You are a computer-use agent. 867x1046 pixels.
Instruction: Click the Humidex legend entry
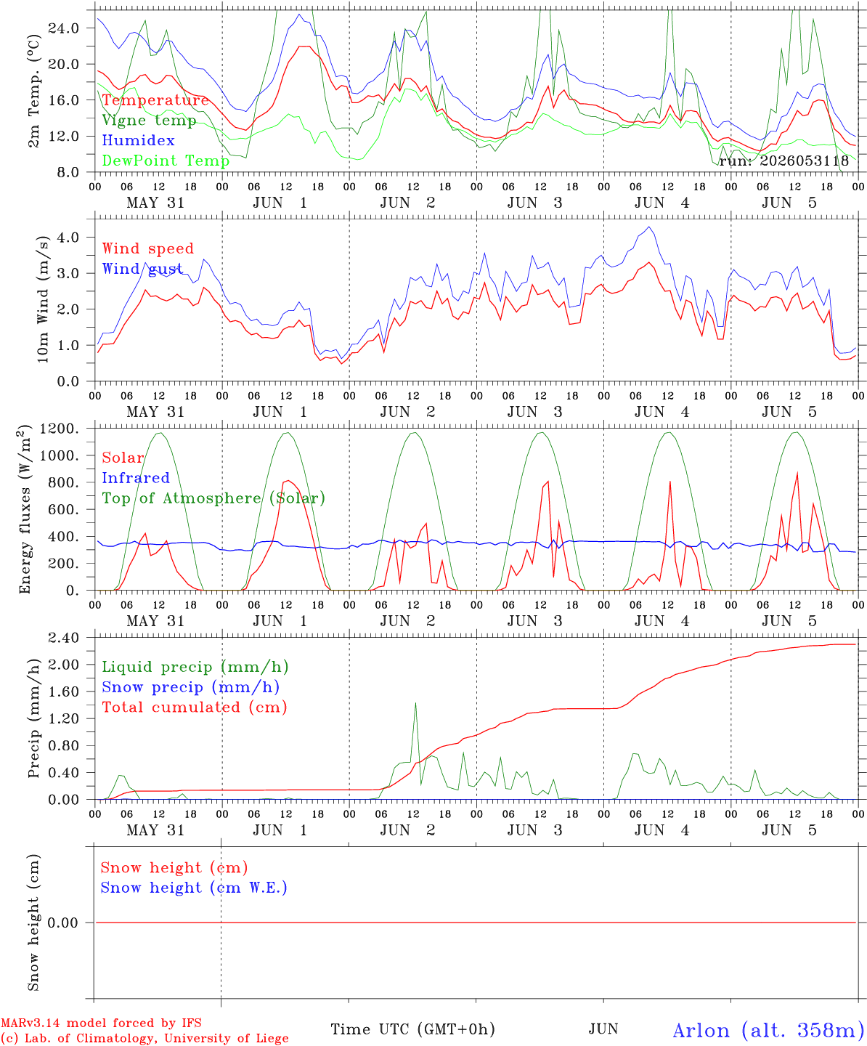click(138, 140)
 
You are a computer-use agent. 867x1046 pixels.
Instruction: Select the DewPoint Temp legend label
click(166, 161)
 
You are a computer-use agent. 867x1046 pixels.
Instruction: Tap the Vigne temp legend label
click(149, 121)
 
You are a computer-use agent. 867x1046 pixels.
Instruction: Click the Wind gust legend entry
click(142, 269)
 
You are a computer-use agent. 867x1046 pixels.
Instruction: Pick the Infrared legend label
click(136, 478)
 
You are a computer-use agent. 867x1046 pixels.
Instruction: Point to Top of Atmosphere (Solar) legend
click(214, 498)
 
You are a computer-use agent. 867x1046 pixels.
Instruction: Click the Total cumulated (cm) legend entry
click(195, 708)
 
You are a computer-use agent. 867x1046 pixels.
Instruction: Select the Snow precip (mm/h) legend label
click(190, 687)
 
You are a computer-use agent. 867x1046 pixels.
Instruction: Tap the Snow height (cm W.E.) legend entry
click(193, 888)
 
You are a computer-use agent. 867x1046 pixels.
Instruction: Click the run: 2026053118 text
click(783, 161)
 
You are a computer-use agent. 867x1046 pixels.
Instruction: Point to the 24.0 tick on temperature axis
click(64, 28)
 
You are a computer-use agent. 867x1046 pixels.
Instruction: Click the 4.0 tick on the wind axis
click(68, 237)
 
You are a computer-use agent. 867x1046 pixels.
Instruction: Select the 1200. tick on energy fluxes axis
click(60, 429)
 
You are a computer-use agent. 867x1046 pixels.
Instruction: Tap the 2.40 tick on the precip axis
click(64, 638)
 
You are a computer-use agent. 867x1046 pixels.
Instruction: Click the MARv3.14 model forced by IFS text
click(101, 1023)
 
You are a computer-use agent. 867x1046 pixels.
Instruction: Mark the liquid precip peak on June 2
click(415, 703)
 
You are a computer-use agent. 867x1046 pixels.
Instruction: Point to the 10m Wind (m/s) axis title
click(43, 299)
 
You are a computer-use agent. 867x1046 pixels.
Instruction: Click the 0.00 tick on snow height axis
click(62, 923)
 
